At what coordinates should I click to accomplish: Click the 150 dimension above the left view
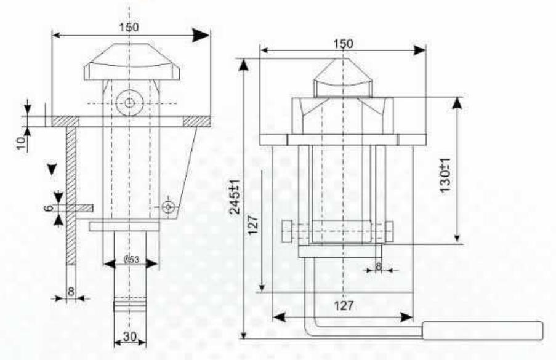point(129,27)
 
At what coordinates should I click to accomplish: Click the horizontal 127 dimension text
point(346,306)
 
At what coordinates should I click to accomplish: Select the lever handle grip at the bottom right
point(483,330)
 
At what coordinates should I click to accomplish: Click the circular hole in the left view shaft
point(129,103)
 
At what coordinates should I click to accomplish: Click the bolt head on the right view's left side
point(286,233)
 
